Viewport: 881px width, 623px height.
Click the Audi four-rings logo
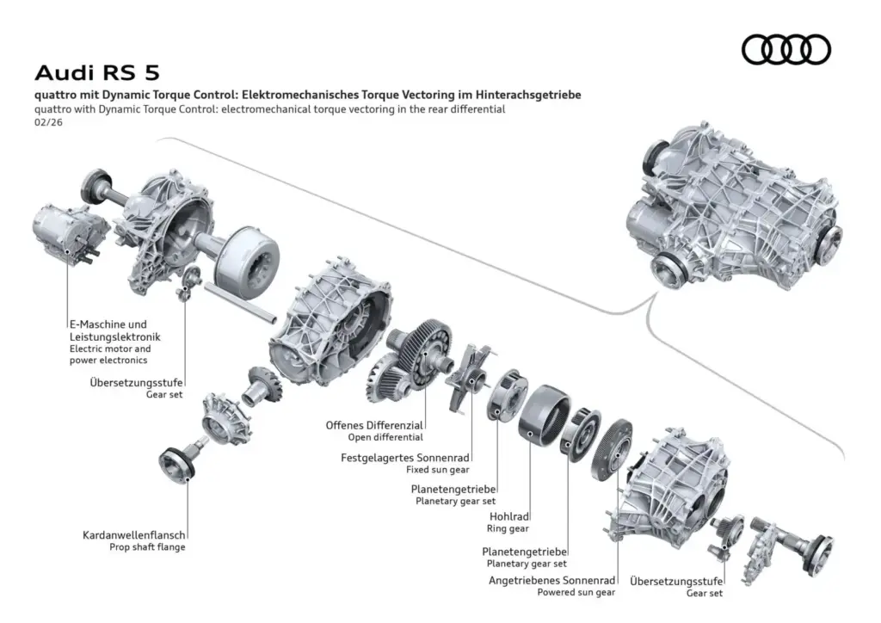click(786, 50)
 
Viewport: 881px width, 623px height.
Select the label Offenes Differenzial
click(373, 425)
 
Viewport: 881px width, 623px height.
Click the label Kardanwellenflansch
click(133, 534)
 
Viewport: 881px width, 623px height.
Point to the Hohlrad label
click(508, 517)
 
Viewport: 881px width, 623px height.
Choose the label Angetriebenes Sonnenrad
click(551, 580)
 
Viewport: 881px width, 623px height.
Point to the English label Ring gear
click(508, 529)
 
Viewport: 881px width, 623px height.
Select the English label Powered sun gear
click(576, 592)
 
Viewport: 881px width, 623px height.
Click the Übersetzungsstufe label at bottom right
click(676, 580)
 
